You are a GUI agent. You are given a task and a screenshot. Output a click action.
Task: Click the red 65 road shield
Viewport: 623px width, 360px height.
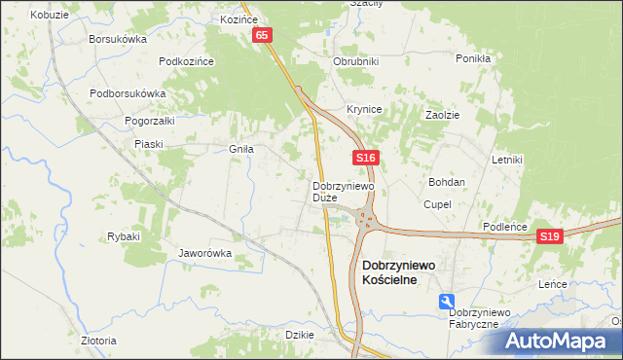263,35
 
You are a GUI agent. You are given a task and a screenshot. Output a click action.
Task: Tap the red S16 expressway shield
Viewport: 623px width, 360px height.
365,157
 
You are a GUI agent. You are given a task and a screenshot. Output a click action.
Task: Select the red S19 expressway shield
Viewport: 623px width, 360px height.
550,236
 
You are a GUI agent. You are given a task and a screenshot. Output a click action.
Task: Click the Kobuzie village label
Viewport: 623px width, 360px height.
49,16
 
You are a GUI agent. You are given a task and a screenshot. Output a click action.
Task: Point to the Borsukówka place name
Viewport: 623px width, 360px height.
117,40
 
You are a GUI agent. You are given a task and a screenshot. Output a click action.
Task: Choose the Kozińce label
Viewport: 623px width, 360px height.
238,18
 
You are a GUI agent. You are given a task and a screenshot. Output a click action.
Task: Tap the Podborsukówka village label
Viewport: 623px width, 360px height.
128,93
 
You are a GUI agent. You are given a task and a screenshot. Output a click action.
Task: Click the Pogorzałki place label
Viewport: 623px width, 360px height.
149,121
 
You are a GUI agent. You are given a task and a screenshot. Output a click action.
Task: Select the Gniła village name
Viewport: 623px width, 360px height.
240,149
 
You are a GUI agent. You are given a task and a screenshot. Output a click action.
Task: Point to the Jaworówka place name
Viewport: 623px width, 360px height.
204,253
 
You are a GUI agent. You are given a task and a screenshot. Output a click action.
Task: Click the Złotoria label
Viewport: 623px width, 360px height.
99,341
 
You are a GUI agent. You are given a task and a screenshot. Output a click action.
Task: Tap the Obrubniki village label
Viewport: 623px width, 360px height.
355,61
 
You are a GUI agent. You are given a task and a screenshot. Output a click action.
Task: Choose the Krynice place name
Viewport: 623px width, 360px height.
364,109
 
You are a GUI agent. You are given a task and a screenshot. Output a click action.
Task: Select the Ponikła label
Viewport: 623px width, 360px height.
472,58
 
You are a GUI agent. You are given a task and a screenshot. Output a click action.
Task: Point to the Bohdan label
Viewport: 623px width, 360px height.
447,182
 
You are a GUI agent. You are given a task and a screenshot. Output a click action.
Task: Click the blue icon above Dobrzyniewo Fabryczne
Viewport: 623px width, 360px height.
446,301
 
